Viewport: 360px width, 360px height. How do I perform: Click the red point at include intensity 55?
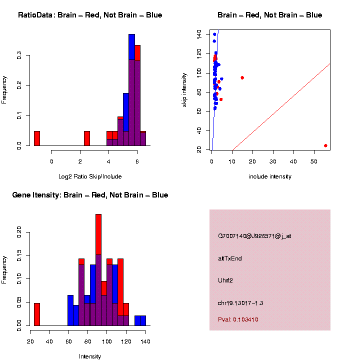pyautogui.click(x=325, y=145)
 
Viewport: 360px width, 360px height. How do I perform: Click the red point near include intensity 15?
pyautogui.click(x=242, y=77)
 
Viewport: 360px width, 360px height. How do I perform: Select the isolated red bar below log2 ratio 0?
pyautogui.click(x=37, y=138)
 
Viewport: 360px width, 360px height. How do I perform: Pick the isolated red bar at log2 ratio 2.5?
pyautogui.click(x=87, y=138)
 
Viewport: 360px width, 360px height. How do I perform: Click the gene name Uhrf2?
pyautogui.click(x=225, y=280)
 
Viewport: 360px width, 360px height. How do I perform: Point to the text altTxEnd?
pyautogui.click(x=230, y=258)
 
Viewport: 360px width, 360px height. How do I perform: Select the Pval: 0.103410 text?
pyautogui.click(x=238, y=319)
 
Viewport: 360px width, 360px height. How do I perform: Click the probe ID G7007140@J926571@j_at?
pyautogui.click(x=254, y=236)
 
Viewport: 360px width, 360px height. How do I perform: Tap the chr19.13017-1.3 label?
pyautogui.click(x=240, y=303)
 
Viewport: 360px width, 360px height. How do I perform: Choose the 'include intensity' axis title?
pyautogui.click(x=270, y=176)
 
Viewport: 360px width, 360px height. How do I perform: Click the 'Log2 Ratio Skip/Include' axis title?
pyautogui.click(x=90, y=176)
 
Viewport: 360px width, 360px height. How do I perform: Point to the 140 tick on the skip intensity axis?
pyautogui.click(x=200, y=34)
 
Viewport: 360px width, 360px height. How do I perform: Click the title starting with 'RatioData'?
pyautogui.click(x=90, y=15)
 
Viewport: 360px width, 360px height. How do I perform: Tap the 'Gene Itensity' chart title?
pyautogui.click(x=90, y=195)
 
